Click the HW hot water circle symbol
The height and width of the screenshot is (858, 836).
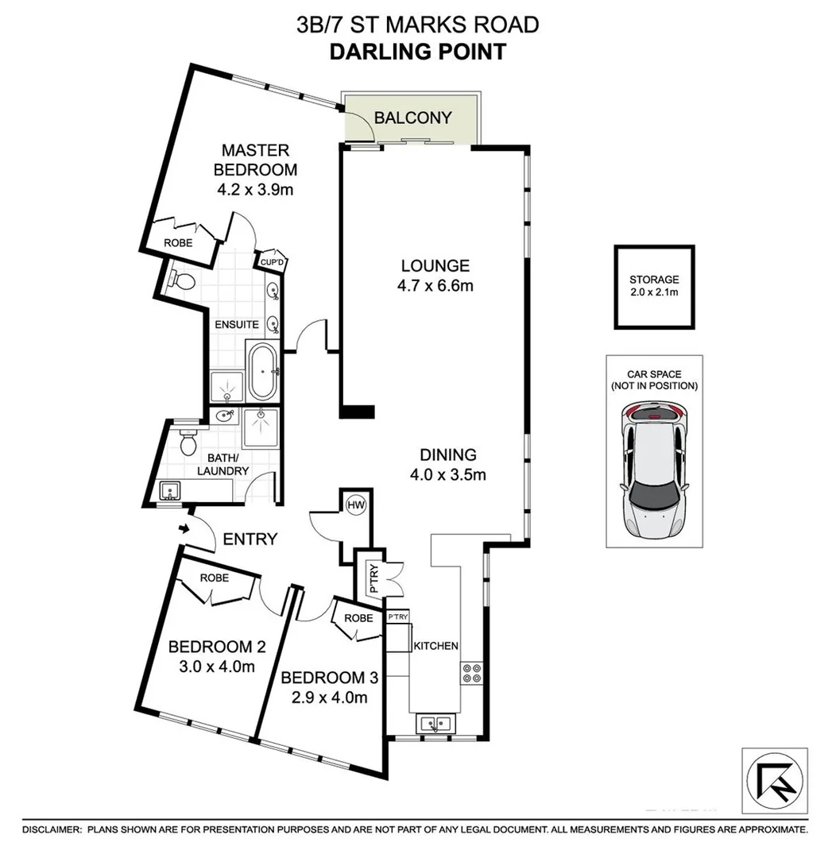coord(354,505)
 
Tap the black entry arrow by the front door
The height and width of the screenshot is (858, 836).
coord(184,528)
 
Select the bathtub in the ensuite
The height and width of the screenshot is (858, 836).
coord(262,372)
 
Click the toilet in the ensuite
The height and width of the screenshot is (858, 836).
coord(183,281)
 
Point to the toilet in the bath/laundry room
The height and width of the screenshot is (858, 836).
coord(188,442)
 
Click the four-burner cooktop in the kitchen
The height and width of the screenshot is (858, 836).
coord(470,673)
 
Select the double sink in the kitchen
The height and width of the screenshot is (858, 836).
coord(434,724)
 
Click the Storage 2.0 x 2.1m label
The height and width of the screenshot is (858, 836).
coord(654,286)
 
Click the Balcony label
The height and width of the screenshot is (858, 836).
coord(412,118)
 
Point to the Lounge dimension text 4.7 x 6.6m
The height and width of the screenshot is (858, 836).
coord(435,285)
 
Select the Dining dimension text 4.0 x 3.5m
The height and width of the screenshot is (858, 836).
coord(447,475)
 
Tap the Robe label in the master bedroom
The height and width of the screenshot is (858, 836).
coord(178,242)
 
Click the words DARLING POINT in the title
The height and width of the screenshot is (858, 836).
coord(417,52)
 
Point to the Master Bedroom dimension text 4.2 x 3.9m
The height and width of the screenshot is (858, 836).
coord(255,190)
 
